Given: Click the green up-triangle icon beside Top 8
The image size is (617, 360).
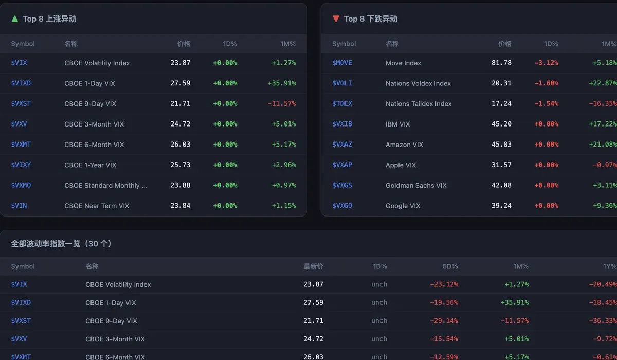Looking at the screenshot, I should coord(14,19).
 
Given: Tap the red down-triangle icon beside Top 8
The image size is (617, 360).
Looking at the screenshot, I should coord(336,19).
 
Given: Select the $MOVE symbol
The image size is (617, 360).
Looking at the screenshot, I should coord(342,63).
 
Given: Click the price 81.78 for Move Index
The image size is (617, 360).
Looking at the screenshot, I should coord(501,63).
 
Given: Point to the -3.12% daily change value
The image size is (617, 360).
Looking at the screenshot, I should coord(546,63).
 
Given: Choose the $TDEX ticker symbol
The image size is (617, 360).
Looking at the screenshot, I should coord(342,103).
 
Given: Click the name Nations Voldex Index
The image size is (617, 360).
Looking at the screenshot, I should coord(418,83).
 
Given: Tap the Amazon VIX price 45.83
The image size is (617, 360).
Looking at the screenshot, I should coord(501,145).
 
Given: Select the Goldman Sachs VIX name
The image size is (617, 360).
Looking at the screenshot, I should coord(416,185).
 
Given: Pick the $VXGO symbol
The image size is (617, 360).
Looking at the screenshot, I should coord(342,206).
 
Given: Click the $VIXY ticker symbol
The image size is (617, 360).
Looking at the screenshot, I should coord(21,165).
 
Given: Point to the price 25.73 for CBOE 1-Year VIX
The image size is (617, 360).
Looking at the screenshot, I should coord(180,165).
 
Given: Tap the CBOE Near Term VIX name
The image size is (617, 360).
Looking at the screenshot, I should coord(97,206).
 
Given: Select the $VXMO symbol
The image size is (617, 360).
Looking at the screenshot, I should coord(21,185).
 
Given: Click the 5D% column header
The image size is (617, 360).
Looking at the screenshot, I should coord(450,266).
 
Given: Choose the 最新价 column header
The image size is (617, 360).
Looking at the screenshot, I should coord(313,266).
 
